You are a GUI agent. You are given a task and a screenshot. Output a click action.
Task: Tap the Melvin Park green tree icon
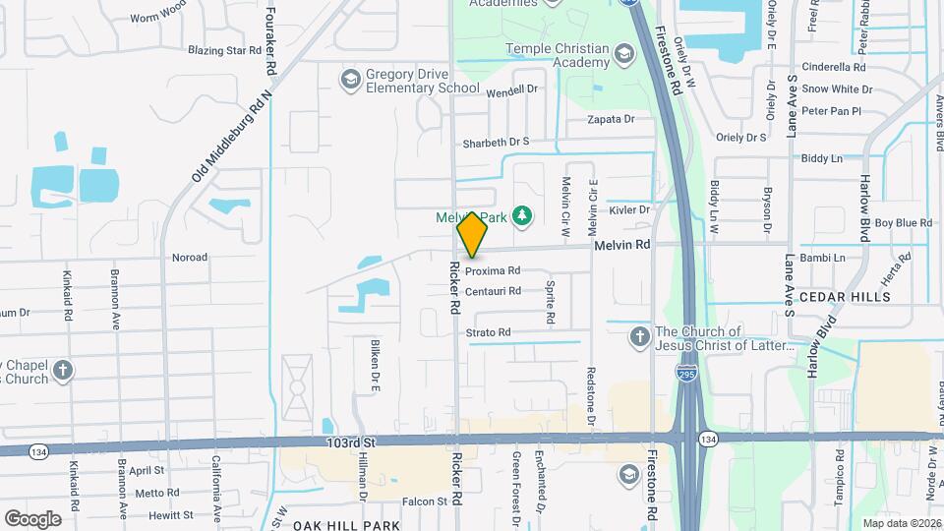pos(523,214)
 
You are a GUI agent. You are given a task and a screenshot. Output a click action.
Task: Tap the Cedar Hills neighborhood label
pos(845,296)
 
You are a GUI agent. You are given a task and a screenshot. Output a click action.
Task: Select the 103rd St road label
pos(352,444)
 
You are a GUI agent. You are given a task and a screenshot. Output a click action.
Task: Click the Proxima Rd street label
pos(493,270)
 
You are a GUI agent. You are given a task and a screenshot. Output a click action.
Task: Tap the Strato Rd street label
pos(489,332)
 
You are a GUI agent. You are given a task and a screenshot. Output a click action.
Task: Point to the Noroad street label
pos(190,258)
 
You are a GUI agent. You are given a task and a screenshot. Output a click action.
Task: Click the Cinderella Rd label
pos(833,68)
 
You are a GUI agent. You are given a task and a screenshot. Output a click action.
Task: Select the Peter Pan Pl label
pos(831,111)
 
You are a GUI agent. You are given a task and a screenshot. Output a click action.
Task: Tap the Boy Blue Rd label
pos(903,223)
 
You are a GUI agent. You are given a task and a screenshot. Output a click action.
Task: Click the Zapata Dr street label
pos(611,119)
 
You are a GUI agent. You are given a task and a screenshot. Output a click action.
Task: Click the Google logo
pos(32,518)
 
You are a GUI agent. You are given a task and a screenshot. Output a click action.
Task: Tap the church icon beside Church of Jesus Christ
pos(639,338)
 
